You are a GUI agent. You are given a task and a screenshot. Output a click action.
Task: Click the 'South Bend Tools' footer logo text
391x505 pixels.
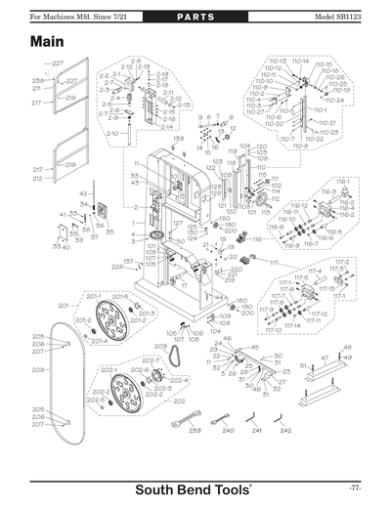(x=195, y=489)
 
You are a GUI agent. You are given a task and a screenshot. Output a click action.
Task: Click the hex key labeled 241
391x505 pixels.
(x=256, y=420)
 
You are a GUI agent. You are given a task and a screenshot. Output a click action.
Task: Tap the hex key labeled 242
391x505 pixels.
(x=284, y=420)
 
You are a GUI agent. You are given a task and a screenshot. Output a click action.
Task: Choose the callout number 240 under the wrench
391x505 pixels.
(x=227, y=431)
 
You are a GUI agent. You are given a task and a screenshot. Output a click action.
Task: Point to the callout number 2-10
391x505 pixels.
(x=111, y=132)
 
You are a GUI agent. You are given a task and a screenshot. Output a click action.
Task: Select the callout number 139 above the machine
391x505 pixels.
(x=178, y=139)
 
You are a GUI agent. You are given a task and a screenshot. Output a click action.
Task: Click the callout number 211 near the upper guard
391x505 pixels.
(x=36, y=88)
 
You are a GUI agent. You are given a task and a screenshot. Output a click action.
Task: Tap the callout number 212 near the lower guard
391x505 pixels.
(x=37, y=179)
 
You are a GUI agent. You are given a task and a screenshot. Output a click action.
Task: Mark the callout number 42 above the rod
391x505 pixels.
(x=82, y=194)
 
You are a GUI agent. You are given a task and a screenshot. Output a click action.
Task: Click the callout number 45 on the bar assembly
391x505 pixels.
(x=255, y=348)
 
